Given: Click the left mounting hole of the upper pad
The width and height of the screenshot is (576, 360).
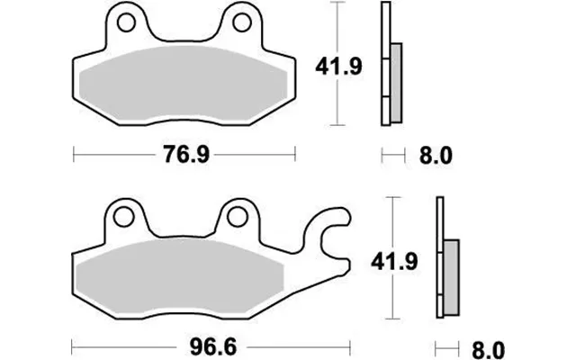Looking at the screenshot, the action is pos(126,22).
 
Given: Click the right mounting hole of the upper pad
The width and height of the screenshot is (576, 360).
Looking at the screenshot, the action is pos(242,22).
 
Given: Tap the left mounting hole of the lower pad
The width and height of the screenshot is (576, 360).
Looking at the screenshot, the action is pos(123,217).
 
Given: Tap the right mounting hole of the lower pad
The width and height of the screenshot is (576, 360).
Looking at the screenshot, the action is pos(237,217).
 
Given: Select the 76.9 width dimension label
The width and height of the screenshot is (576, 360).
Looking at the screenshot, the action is pos(186,154).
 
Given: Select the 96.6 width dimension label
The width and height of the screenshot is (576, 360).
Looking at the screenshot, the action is pos(213,346).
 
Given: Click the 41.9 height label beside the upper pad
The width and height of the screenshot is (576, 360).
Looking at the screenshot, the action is pos(338,67).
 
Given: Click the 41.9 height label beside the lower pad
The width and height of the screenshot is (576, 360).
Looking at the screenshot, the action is pos(394,262).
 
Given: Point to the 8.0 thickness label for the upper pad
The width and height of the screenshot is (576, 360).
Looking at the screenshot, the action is pos(436,156).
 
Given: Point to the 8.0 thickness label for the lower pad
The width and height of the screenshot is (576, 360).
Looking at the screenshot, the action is pos(488,350).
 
